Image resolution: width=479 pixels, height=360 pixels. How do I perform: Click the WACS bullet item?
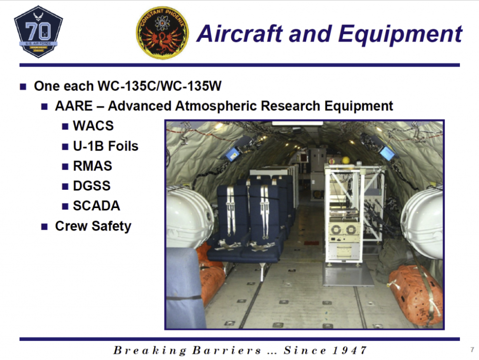tap(93, 126)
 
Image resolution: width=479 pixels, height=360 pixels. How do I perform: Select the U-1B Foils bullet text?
tap(105, 146)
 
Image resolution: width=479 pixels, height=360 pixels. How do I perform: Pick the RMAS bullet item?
tap(93, 166)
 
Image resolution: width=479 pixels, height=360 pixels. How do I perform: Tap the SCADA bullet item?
tap(96, 206)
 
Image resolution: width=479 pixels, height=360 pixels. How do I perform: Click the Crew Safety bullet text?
tap(93, 226)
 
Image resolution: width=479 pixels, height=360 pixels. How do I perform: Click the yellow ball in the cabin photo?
tap(346, 160)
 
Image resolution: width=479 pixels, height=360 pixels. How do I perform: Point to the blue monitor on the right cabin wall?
tap(387, 153)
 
